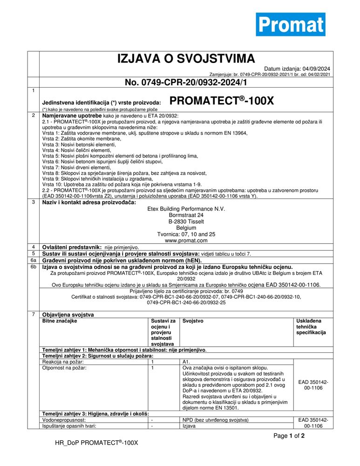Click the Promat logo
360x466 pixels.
[290, 24]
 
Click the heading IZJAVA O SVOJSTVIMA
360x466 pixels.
[186, 59]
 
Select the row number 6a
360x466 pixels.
[33, 260]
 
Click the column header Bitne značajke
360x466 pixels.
[60, 321]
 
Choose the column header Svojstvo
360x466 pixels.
[193, 321]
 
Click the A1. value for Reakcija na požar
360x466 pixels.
[186, 361]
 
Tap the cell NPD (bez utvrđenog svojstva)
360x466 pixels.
[216, 420]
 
